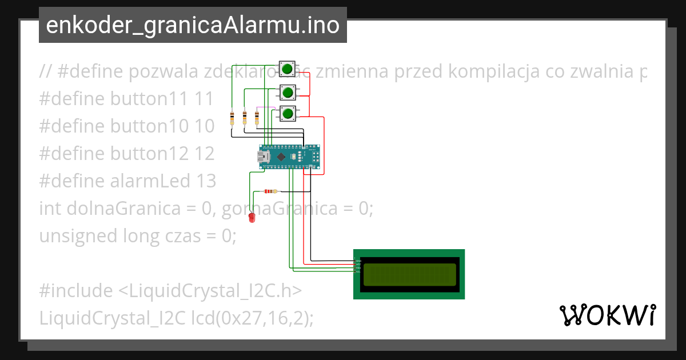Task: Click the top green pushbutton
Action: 288,70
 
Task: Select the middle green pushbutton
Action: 288,91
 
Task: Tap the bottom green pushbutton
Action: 288,114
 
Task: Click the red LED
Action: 251,218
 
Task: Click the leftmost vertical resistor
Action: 232,118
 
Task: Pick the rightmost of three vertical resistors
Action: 257,118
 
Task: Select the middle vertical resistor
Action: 244,118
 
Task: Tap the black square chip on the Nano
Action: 281,156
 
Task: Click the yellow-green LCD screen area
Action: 409,274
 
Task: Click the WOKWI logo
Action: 607,315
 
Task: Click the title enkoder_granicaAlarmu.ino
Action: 193,25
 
